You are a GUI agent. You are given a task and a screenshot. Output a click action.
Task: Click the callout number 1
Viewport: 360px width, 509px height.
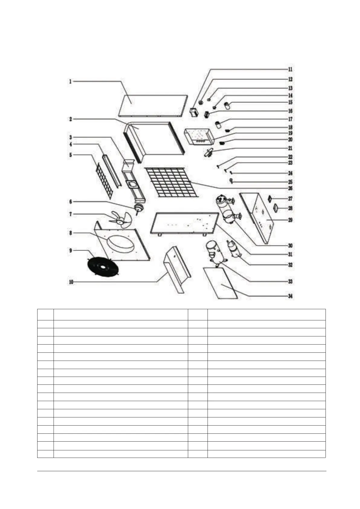[70, 81]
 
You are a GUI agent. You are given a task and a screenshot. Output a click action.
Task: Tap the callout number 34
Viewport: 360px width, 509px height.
[290, 296]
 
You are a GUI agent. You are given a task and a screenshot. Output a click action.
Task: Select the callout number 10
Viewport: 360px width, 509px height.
[71, 282]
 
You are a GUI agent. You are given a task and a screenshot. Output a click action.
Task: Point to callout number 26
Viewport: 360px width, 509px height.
[290, 188]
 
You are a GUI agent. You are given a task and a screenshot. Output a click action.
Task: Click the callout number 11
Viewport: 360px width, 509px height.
[290, 69]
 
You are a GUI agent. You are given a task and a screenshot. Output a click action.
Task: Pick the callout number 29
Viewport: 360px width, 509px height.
[290, 220]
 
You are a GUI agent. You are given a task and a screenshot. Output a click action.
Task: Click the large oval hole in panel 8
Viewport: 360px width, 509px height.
[120, 243]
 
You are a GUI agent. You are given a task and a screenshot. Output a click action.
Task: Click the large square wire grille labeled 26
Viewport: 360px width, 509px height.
[171, 182]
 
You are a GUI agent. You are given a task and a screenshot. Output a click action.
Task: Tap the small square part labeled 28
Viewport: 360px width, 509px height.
[276, 208]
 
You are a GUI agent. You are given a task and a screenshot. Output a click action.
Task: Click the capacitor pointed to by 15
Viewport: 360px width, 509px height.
[227, 105]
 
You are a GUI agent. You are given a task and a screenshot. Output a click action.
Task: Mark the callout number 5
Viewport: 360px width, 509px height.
[70, 155]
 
